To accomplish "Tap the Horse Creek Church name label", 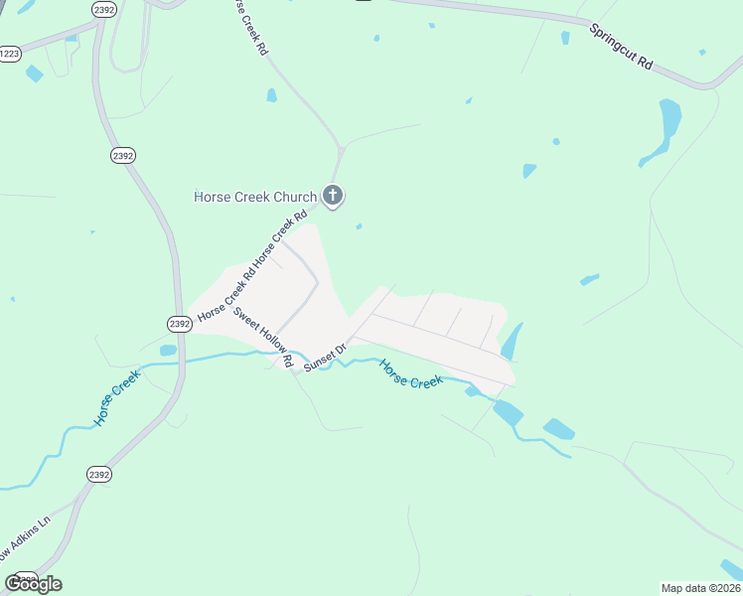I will point(255,197).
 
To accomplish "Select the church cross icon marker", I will point(334,196).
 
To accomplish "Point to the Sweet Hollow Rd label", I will point(262,339).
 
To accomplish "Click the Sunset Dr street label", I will point(324,358).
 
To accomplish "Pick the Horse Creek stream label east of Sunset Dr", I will point(410,373).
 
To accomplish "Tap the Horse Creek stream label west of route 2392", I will point(117,398).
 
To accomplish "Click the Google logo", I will point(33,583).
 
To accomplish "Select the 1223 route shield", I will point(9,55).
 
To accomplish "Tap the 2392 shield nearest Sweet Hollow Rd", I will point(179,324).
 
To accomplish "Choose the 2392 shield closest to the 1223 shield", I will point(102,9).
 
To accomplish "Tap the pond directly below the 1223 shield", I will point(35,74).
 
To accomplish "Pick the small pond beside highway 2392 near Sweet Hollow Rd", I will point(167,350).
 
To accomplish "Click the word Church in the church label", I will point(294,197).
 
